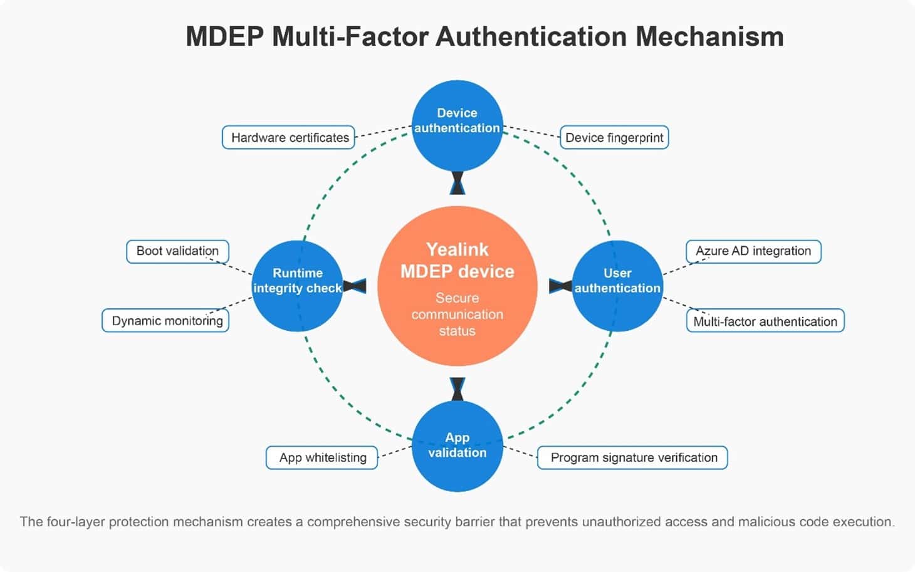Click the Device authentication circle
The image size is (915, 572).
[x=457, y=126]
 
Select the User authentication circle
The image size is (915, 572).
[x=617, y=286]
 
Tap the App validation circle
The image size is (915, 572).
[x=457, y=446]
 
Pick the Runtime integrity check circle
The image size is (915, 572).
[x=297, y=286]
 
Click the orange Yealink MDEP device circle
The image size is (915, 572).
[x=457, y=286]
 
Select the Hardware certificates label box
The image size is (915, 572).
[x=288, y=137]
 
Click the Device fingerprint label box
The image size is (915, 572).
[x=614, y=137]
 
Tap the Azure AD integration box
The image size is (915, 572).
[x=753, y=251]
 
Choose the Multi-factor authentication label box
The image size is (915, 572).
[x=765, y=321]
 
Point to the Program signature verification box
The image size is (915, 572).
[x=632, y=458]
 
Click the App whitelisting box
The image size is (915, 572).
[x=322, y=458]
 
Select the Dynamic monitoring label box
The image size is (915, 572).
[x=165, y=321]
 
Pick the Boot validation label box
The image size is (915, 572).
[x=178, y=251]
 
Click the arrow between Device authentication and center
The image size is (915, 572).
[x=457, y=183]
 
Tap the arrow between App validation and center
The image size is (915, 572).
[x=457, y=389]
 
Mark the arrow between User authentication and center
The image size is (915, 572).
[x=560, y=286]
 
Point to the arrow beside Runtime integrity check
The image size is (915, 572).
[x=355, y=286]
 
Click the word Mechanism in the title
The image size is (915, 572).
[x=709, y=37]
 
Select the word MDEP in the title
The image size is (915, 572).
[x=225, y=37]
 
